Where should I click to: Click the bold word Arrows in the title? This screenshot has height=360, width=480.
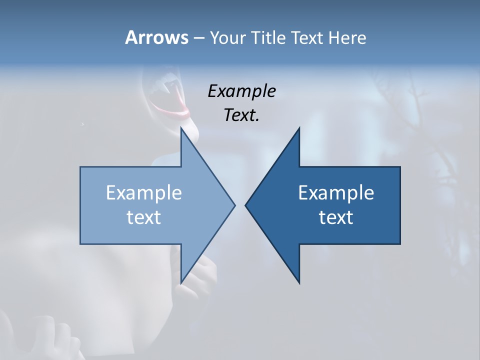pos(156,37)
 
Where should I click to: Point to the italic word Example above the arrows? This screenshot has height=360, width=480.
pos(241,91)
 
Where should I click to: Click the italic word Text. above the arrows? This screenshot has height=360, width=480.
pos(241,115)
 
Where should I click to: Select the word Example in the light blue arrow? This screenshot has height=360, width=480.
pos(143,193)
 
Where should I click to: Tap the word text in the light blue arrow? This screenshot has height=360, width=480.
pos(143,217)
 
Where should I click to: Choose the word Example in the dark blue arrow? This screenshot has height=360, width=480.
pos(336,193)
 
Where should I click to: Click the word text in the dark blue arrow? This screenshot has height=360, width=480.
pos(336,217)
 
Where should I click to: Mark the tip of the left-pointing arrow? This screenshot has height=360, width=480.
pos(246,205)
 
